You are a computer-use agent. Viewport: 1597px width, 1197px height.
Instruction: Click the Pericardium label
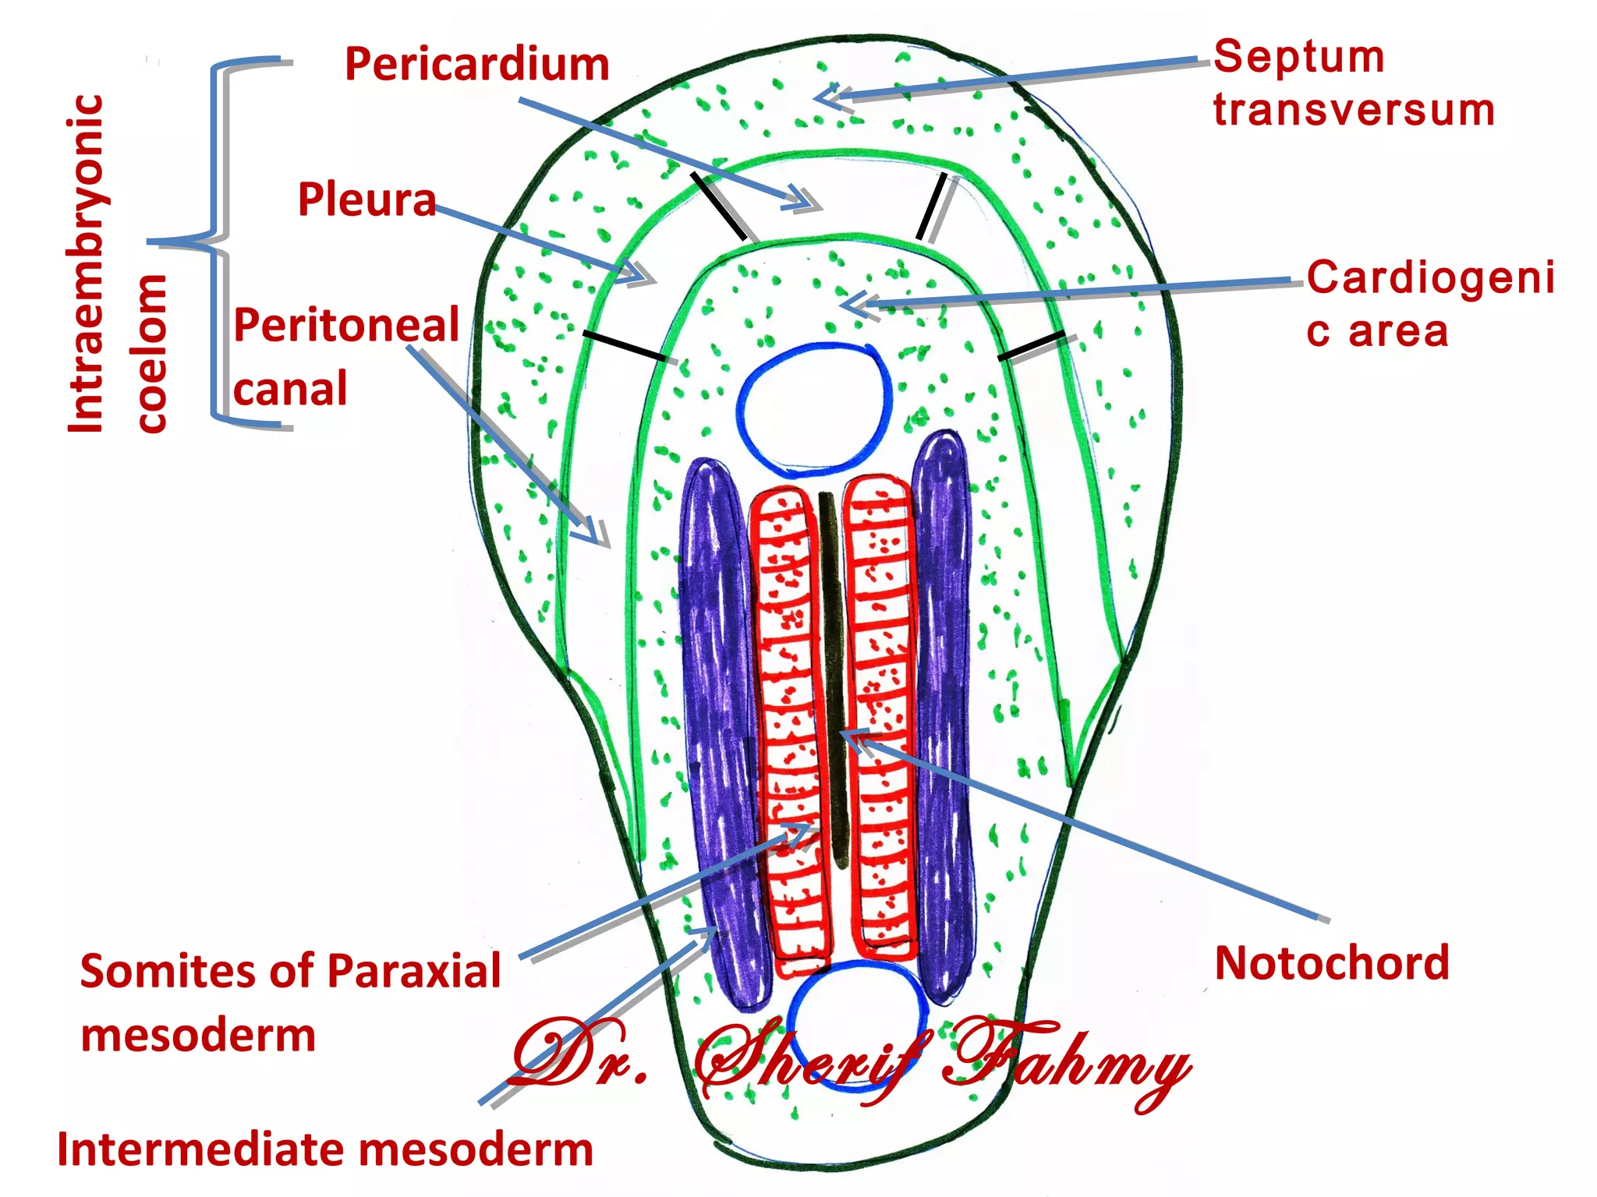tap(476, 65)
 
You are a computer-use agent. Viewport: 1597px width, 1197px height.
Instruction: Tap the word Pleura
tap(366, 200)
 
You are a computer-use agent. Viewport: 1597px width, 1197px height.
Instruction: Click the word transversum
tap(1354, 110)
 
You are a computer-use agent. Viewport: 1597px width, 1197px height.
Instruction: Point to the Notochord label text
tap(1332, 963)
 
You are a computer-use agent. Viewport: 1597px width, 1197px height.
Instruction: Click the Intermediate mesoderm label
tap(325, 1150)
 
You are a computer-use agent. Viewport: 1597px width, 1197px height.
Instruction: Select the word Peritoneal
tap(346, 326)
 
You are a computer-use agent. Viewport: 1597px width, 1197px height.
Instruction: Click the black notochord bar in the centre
tap(832, 678)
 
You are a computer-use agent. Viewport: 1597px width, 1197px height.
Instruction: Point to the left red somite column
tap(788, 725)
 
